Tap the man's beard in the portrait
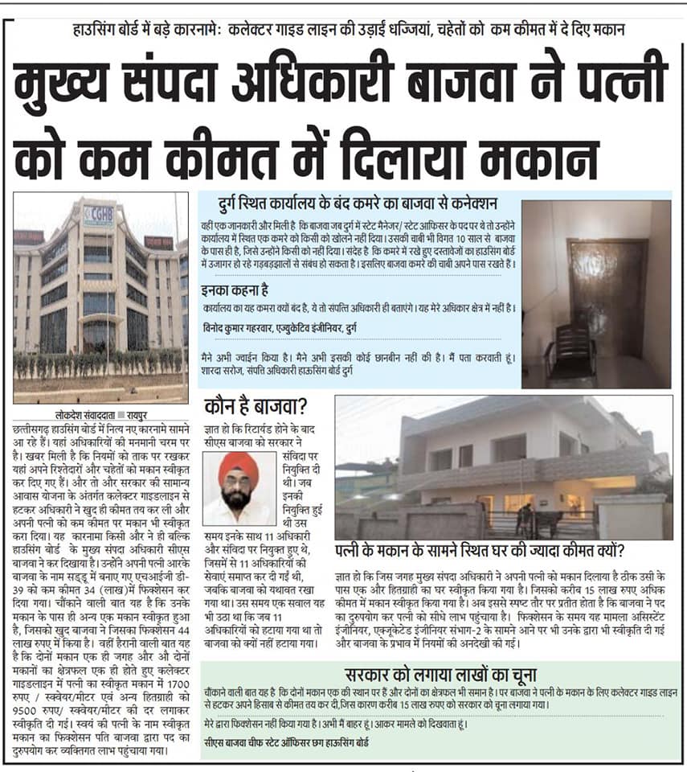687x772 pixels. pos(238,498)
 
